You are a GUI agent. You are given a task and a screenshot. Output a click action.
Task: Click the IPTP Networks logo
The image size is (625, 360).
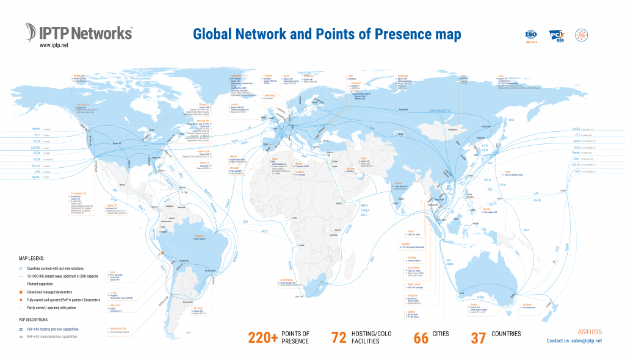(x=79, y=32)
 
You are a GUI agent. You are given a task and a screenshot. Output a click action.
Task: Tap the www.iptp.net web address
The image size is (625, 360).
(x=54, y=45)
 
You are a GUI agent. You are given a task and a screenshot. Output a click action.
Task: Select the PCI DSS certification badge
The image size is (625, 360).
(x=556, y=35)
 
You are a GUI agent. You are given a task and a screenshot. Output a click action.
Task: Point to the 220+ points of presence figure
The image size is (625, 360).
(x=263, y=337)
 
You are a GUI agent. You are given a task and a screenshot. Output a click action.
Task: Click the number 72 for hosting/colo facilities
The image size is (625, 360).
(x=339, y=337)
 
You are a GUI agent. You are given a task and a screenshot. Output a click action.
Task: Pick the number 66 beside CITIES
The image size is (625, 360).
(x=421, y=337)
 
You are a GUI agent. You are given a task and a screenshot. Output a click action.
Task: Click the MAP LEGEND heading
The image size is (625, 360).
(x=36, y=259)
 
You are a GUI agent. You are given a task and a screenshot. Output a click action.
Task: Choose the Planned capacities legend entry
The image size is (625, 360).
(x=43, y=284)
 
